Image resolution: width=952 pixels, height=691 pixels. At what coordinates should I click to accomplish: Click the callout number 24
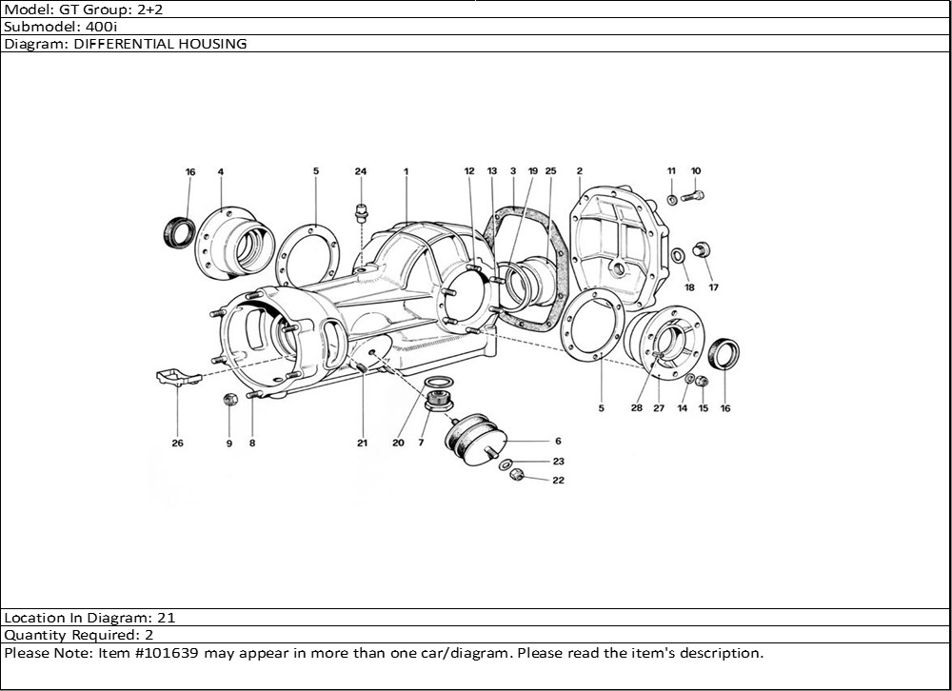(360, 171)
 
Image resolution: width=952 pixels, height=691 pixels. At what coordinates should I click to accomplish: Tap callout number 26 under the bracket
(177, 444)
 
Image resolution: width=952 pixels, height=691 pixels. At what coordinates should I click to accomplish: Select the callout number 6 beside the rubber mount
(558, 442)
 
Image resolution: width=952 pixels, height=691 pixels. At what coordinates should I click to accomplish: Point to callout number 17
(713, 287)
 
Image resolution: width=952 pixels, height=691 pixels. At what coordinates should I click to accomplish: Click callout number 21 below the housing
(363, 444)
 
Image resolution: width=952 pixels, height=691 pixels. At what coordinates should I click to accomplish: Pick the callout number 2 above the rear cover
(579, 171)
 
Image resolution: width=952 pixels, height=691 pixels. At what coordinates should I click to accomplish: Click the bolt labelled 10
(692, 197)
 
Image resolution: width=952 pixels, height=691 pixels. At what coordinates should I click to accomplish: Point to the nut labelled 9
(229, 399)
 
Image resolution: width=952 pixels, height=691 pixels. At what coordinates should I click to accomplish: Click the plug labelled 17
(703, 250)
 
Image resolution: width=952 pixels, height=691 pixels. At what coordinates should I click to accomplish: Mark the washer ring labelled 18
(678, 255)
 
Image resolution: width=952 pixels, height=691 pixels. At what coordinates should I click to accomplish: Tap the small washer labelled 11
(671, 199)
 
